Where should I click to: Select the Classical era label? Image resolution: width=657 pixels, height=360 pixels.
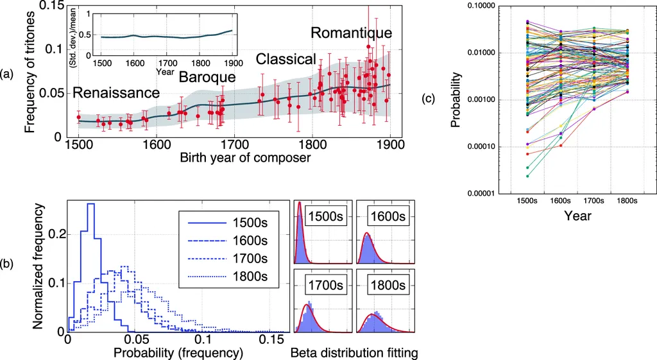[x=286, y=60]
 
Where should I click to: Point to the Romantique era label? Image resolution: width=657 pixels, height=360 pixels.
[x=351, y=32]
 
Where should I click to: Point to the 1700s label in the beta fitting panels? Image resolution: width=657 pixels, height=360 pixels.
[x=324, y=282]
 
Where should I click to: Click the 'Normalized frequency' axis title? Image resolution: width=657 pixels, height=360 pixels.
[x=38, y=266]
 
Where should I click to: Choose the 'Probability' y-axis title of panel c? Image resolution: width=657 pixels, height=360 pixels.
[x=456, y=99]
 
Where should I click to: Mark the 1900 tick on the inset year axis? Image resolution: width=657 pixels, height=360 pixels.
[x=233, y=63]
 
